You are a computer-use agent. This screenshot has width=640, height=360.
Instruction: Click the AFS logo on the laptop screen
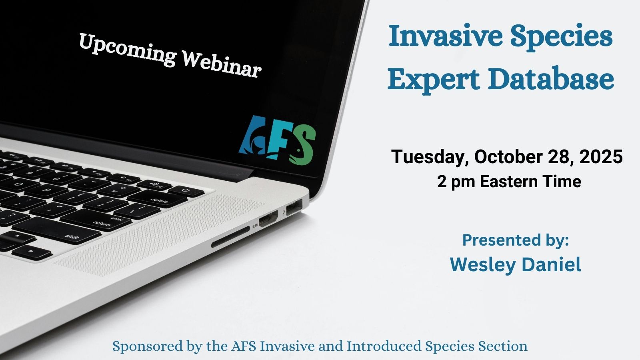[278, 140]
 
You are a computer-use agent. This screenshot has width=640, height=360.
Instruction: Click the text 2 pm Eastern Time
[509, 182]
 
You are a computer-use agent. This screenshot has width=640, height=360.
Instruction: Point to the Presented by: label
[515, 240]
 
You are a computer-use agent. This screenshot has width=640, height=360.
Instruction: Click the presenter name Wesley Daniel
[515, 264]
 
